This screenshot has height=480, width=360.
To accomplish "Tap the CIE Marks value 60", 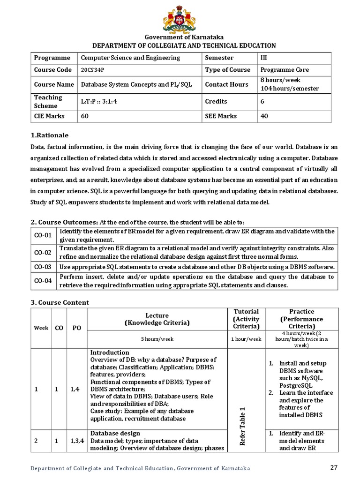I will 85,116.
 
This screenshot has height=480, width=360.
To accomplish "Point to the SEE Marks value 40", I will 264,116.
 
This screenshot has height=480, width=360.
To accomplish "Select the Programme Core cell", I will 285,70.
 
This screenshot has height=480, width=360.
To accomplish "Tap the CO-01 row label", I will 42,235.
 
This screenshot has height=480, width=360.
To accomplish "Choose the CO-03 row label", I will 42,267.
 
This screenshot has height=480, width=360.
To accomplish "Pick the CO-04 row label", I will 42,281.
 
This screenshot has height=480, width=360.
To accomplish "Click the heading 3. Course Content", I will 60,302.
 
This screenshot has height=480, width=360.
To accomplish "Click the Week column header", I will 41,328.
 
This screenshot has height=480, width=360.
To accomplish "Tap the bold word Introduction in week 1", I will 109,352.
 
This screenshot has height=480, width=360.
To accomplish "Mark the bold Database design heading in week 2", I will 115,433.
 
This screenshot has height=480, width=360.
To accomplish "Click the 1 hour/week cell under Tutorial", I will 246,339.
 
